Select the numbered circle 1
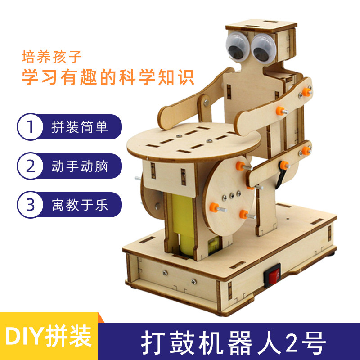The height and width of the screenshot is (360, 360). point(31,127)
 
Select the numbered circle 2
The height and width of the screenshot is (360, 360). point(31,166)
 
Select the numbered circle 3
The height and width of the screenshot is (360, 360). point(31,205)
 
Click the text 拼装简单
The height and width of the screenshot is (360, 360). point(80,127)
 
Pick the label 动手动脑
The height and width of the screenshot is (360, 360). point(80,166)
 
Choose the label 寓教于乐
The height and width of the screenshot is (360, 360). point(80,205)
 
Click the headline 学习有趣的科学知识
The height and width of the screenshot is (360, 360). point(108,76)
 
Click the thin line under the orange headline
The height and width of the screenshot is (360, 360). point(108,93)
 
